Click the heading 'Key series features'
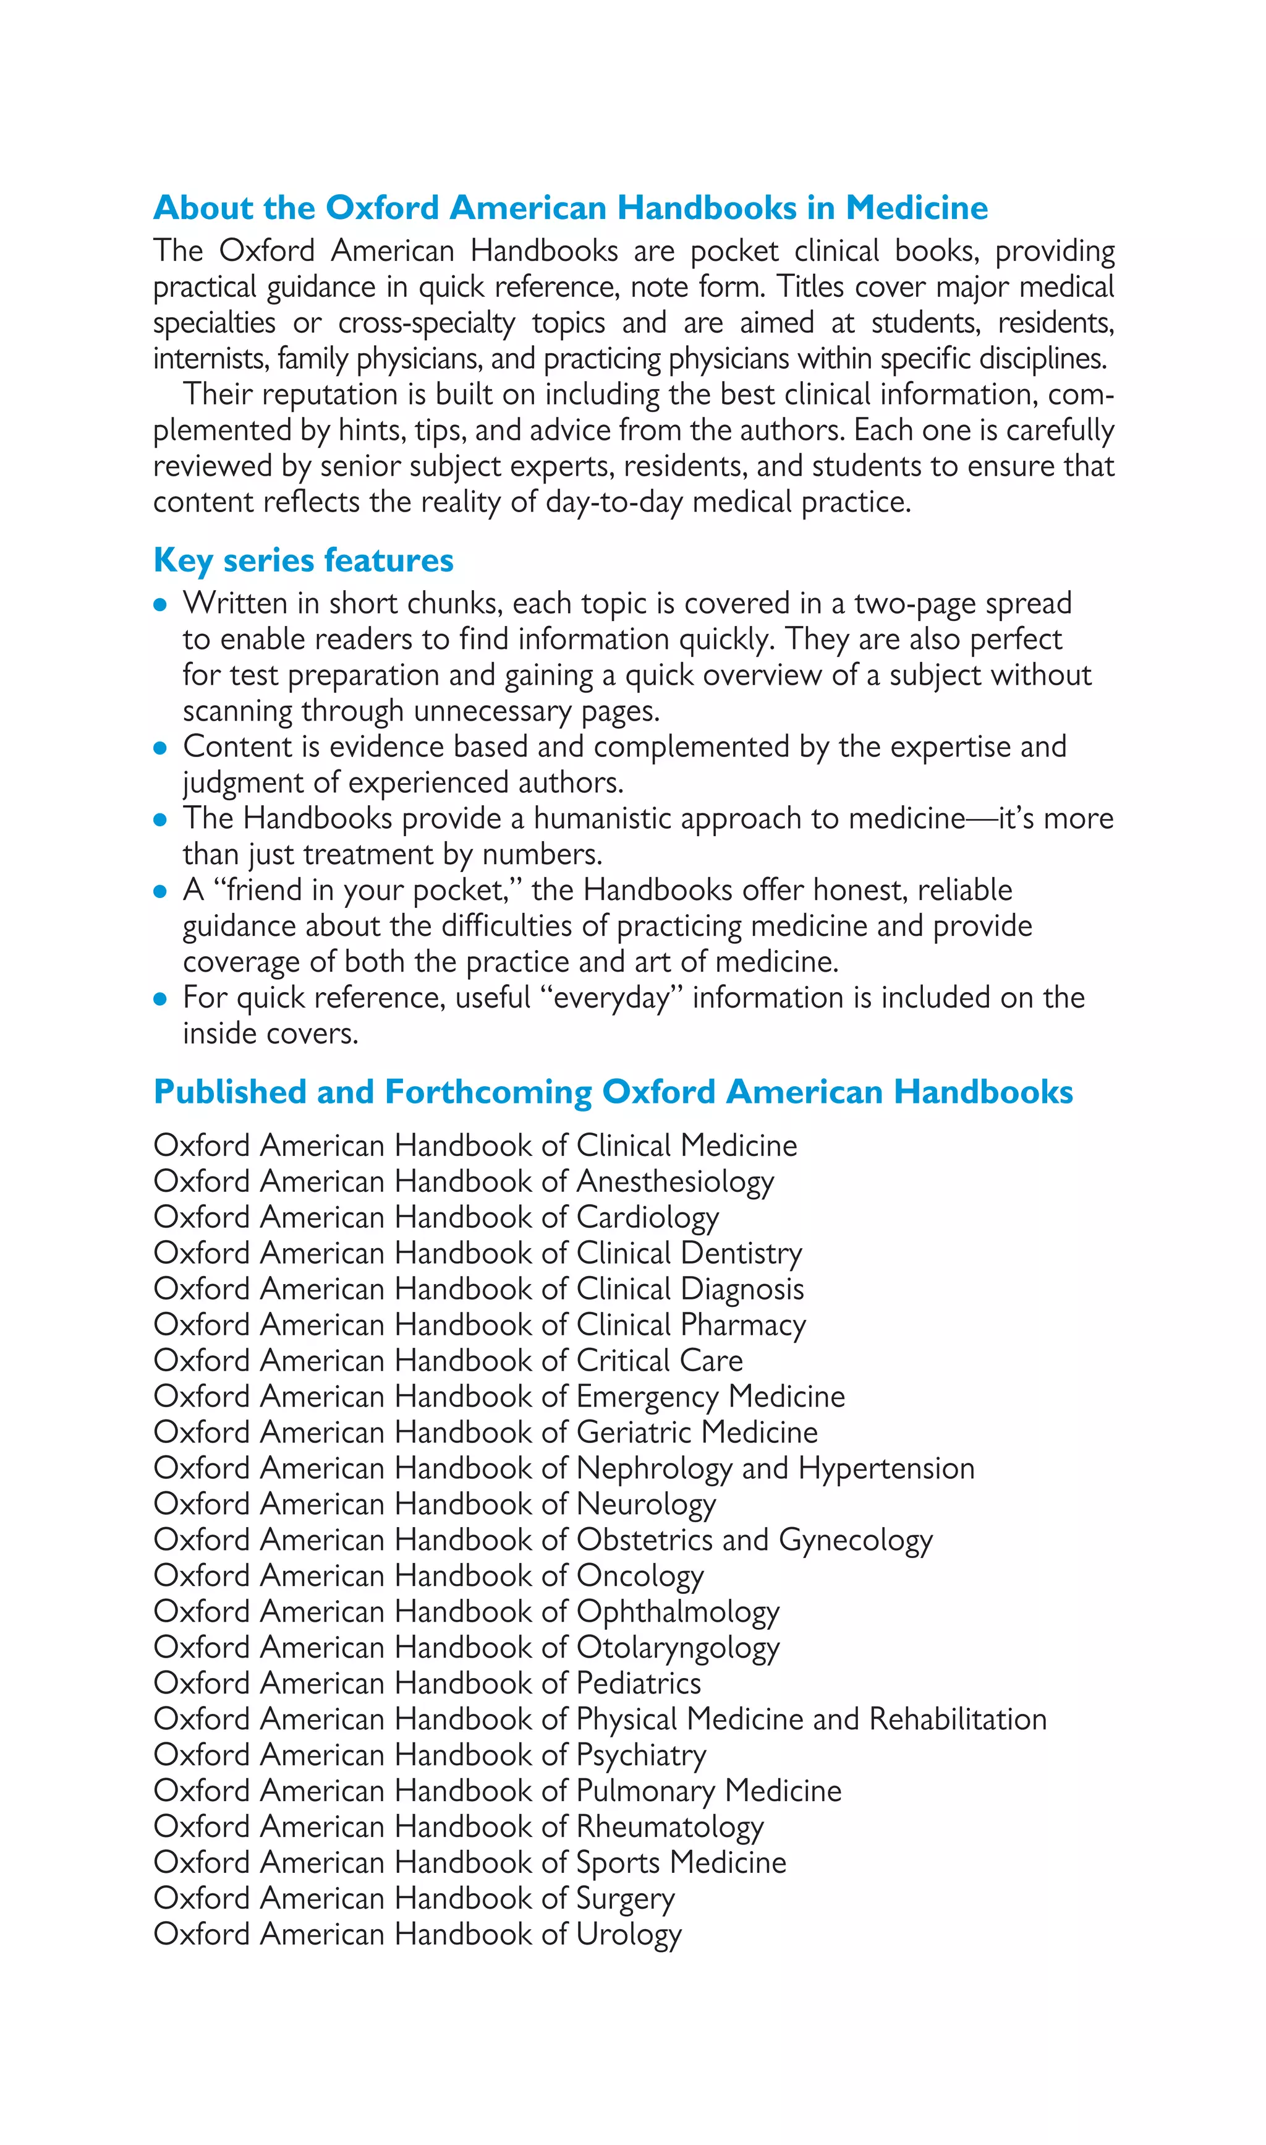pyautogui.click(x=303, y=561)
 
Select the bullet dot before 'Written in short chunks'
pyautogui.click(x=159, y=605)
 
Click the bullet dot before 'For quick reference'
pyautogui.click(x=159, y=1000)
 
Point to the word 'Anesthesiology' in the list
pyautogui.click(x=675, y=1182)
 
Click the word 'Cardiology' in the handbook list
pyautogui.click(x=647, y=1218)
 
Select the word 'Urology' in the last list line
pyautogui.click(x=629, y=1935)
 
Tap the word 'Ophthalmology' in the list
pyautogui.click(x=678, y=1612)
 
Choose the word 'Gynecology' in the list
pyautogui.click(x=856, y=1541)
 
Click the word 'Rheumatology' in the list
pyautogui.click(x=669, y=1828)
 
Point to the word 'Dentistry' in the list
pyautogui.click(x=741, y=1254)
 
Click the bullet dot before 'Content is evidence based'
pyautogui.click(x=159, y=748)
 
